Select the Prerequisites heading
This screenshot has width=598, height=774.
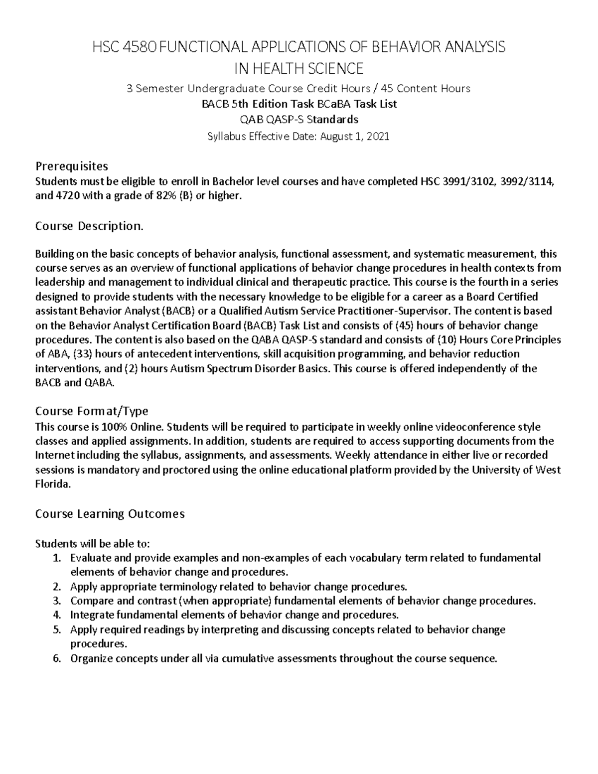click(x=71, y=165)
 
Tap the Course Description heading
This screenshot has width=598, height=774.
click(x=89, y=226)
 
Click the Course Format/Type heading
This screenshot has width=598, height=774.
click(x=92, y=411)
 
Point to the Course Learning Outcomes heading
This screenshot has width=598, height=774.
click(x=110, y=514)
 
